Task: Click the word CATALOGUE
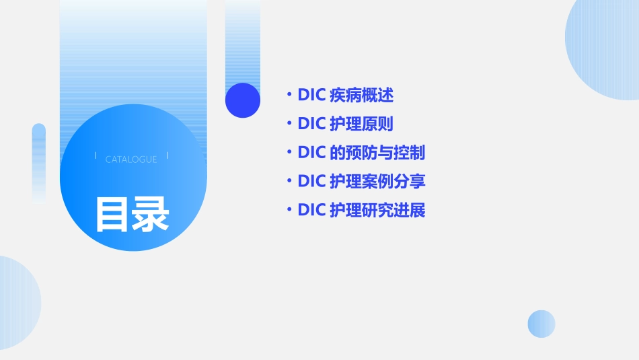[x=131, y=159]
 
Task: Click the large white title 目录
[x=132, y=214]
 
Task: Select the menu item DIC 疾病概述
[x=345, y=95]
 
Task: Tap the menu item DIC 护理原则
[x=345, y=124]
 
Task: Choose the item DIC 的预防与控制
[x=361, y=153]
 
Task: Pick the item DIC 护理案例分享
[x=361, y=182]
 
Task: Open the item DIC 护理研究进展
[x=361, y=211]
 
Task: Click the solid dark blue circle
[x=243, y=100]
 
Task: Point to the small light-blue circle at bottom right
[x=541, y=324]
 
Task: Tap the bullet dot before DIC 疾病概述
[x=289, y=95]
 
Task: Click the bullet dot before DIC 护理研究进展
[x=289, y=211]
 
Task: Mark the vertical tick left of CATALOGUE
[x=96, y=156]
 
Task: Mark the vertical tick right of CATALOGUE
[x=167, y=156]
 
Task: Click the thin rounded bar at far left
[x=39, y=161]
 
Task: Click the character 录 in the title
[x=151, y=214]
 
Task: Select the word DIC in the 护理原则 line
[x=311, y=124]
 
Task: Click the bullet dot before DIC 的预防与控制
[x=289, y=153]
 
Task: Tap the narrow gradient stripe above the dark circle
[x=243, y=40]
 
